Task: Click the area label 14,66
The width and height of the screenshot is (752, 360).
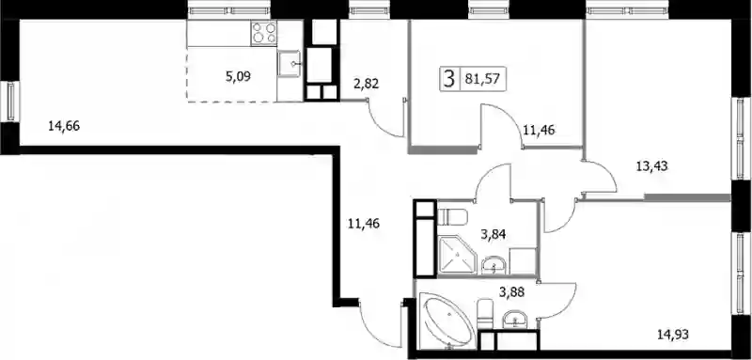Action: (64, 126)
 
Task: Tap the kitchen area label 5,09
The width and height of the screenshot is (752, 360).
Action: (238, 76)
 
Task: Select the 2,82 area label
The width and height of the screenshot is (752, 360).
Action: (367, 85)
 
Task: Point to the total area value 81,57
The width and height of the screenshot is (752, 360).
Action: (479, 79)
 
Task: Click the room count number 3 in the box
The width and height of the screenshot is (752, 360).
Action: (449, 79)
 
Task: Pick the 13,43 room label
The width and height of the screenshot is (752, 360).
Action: (651, 166)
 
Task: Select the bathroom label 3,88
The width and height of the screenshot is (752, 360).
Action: (511, 292)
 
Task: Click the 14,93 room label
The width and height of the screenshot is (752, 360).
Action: (673, 334)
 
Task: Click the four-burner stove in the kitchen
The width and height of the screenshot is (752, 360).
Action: (263, 33)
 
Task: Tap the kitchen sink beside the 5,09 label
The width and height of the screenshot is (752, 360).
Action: (289, 64)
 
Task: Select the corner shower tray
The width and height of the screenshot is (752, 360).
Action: (457, 255)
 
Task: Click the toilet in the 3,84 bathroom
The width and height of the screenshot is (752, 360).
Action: (452, 217)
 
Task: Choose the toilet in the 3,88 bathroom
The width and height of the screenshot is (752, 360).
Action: (485, 315)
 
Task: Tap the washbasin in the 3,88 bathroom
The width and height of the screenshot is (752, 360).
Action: (514, 320)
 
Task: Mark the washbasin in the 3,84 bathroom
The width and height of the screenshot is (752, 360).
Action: (493, 265)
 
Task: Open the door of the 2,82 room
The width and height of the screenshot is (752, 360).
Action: (386, 118)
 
